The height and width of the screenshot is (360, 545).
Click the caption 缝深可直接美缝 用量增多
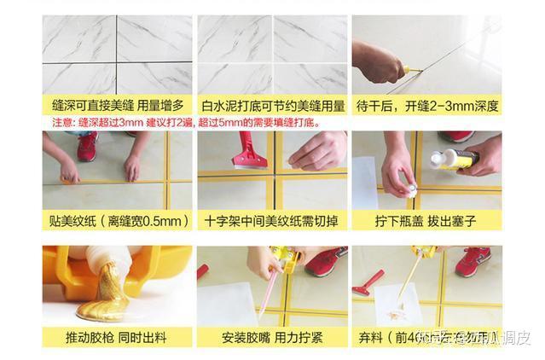[x=117, y=106]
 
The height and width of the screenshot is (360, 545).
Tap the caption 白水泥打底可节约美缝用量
[x=273, y=106]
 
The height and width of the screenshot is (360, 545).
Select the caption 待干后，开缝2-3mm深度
[x=427, y=106]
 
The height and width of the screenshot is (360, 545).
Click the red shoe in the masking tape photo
[x=87, y=146]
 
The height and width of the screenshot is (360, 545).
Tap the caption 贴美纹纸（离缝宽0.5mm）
[x=117, y=222]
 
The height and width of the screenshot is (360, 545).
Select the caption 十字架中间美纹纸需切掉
[x=273, y=222]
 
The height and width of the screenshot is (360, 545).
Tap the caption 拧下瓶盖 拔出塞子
[x=427, y=222]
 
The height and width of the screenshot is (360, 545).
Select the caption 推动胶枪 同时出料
[x=117, y=337]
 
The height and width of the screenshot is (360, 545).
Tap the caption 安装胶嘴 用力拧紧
[x=273, y=337]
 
